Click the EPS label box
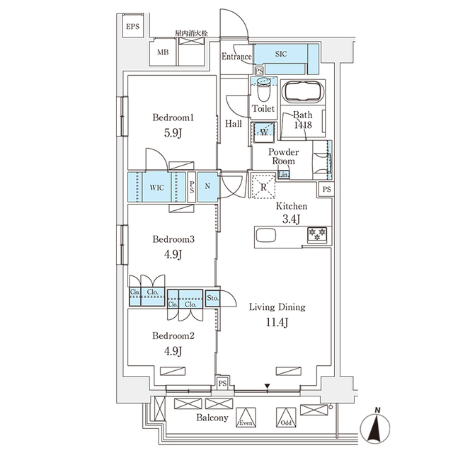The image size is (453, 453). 133,28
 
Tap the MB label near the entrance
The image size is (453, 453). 163,52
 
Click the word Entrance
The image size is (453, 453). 236,57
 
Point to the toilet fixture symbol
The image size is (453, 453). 265,91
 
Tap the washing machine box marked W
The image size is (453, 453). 263,132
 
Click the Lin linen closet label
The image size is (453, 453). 283,175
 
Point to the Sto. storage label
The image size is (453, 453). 213,298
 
